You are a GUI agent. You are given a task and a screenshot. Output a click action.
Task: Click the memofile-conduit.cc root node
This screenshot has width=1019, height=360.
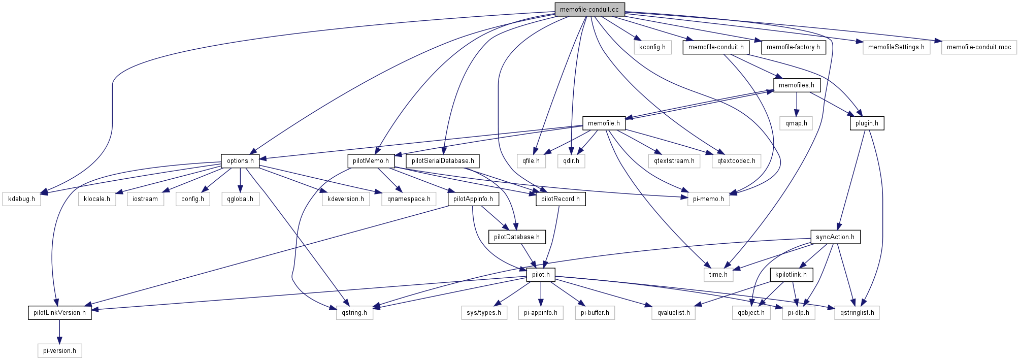pyautogui.click(x=589, y=10)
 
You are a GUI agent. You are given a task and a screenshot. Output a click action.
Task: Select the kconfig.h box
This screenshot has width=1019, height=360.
pyautogui.click(x=652, y=47)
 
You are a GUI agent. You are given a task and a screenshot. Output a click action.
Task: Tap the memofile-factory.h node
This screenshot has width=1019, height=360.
pyautogui.click(x=793, y=47)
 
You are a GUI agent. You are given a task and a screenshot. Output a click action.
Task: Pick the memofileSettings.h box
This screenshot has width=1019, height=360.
pyautogui.click(x=896, y=47)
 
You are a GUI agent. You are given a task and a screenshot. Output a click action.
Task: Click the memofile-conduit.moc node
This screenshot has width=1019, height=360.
pyautogui.click(x=978, y=47)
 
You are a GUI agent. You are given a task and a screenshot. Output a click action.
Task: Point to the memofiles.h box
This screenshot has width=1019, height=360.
pyautogui.click(x=796, y=85)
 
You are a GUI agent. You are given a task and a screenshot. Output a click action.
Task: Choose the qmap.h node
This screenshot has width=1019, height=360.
pyautogui.click(x=796, y=123)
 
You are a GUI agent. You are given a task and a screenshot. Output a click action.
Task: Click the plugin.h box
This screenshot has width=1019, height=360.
pyautogui.click(x=866, y=123)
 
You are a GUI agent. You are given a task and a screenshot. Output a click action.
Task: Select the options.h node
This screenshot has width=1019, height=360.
pyautogui.click(x=240, y=161)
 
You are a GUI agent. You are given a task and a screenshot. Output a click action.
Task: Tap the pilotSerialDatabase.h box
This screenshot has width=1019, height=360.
pyautogui.click(x=442, y=161)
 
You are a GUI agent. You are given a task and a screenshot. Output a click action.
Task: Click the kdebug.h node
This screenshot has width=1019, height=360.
pyautogui.click(x=21, y=199)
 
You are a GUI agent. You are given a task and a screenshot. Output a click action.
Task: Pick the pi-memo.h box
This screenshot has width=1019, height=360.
pyautogui.click(x=708, y=199)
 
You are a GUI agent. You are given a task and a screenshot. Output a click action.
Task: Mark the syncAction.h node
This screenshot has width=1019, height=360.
pyautogui.click(x=835, y=237)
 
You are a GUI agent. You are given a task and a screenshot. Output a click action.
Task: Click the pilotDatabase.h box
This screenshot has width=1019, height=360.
pyautogui.click(x=516, y=237)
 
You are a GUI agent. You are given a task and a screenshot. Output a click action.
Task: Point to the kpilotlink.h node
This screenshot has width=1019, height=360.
pyautogui.click(x=791, y=275)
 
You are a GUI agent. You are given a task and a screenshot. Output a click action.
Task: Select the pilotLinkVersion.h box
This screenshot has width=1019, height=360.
pyautogui.click(x=59, y=313)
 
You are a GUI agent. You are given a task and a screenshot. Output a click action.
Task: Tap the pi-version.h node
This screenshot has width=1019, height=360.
pyautogui.click(x=59, y=351)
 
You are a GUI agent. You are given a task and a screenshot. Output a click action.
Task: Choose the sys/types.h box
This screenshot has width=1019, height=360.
pyautogui.click(x=483, y=313)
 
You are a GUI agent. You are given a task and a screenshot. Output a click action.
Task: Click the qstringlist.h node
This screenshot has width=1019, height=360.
pyautogui.click(x=857, y=313)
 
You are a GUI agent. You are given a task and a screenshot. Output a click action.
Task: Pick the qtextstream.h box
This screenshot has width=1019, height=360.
pyautogui.click(x=674, y=161)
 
